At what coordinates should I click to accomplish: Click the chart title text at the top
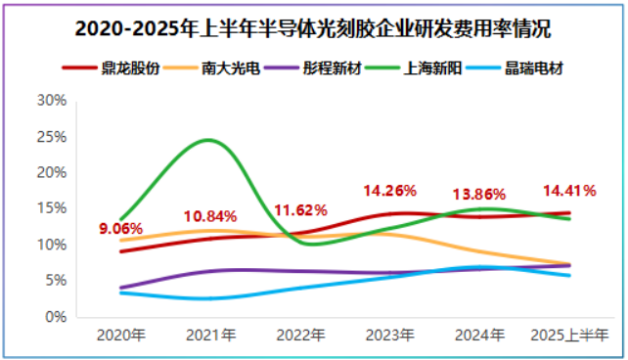(313, 29)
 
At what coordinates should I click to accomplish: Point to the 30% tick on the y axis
(51, 101)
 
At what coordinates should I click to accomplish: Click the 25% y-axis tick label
(51, 137)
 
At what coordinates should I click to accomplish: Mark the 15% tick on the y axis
(51, 208)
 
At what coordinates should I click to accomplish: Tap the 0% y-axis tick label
(55, 317)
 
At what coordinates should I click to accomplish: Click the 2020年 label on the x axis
(120, 336)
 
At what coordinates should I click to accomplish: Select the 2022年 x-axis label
(300, 336)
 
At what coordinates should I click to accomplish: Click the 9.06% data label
(121, 230)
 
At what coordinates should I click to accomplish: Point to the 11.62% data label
(300, 210)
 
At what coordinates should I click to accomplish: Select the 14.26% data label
(390, 190)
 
